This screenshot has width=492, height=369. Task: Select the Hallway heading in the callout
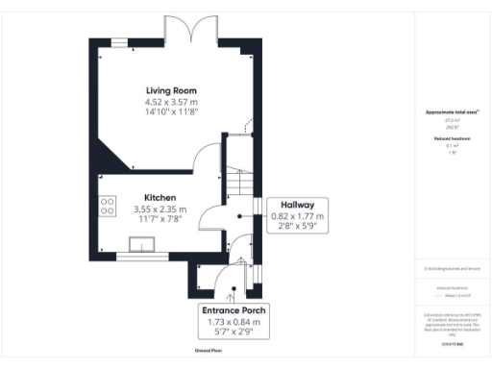298,206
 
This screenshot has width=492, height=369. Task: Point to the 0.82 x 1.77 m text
298,217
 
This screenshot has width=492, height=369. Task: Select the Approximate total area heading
452,112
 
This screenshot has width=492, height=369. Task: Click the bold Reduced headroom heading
452,138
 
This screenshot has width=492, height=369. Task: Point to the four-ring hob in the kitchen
108,208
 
